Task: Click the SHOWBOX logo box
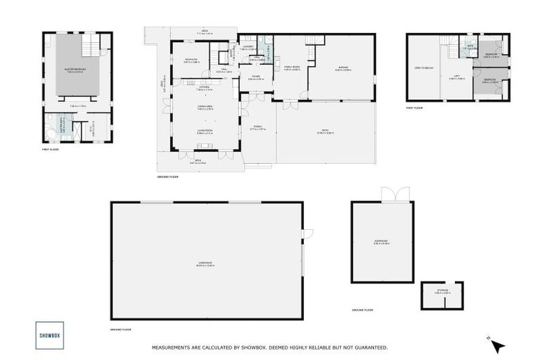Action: tap(49, 335)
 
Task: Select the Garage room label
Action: tap(342, 69)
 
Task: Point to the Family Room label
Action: tap(292, 69)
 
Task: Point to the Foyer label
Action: tap(255, 77)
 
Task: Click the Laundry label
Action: tap(246, 48)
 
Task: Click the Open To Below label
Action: tap(423, 68)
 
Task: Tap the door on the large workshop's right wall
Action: tap(307, 234)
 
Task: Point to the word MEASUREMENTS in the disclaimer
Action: tap(175, 347)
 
